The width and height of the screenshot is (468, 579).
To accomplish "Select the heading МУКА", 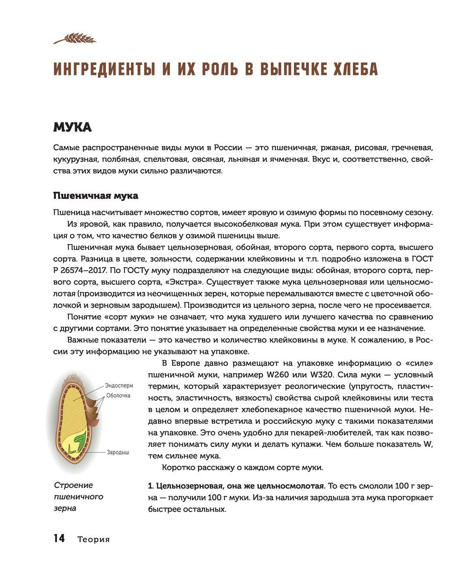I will click(x=72, y=127).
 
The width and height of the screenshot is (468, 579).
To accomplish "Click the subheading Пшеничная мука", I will click(x=95, y=195).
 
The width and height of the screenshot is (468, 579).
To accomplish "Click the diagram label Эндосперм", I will click(x=119, y=386).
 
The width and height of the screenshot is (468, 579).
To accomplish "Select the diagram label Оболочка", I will click(x=118, y=396).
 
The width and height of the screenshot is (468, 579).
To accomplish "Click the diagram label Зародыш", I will click(x=118, y=452).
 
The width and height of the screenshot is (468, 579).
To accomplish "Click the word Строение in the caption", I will click(x=73, y=485).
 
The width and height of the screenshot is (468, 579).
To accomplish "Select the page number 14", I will click(x=59, y=538).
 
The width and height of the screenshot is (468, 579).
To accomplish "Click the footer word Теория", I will click(x=94, y=539).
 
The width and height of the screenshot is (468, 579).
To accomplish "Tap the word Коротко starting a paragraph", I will click(x=178, y=467).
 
